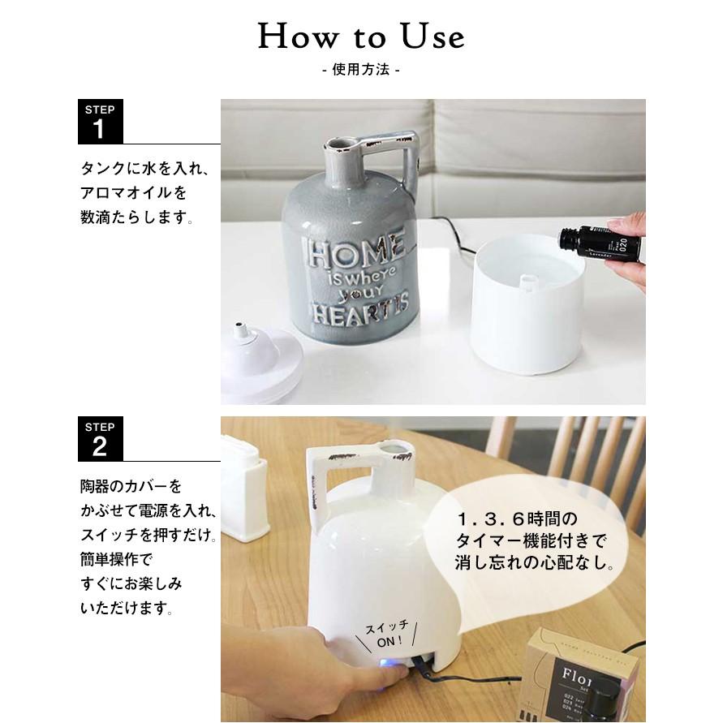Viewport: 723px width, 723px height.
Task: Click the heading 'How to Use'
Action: click(x=361, y=37)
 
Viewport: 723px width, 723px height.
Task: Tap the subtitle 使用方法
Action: click(x=361, y=71)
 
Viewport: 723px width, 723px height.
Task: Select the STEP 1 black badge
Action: click(x=101, y=122)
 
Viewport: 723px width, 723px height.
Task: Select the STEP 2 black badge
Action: click(x=101, y=439)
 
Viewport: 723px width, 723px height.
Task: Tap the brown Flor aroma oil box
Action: click(x=579, y=674)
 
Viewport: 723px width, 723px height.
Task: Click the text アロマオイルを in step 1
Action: click(x=133, y=193)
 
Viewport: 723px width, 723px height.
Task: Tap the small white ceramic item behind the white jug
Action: click(x=243, y=487)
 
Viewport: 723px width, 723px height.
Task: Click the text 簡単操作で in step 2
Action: click(x=116, y=559)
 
